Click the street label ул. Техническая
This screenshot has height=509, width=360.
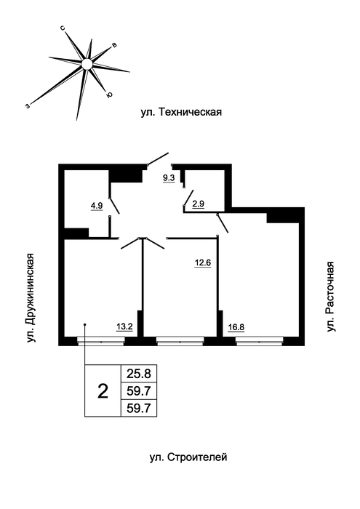(x=181, y=112)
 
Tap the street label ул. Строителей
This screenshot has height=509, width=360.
(x=188, y=457)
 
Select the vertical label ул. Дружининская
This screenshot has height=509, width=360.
(x=31, y=297)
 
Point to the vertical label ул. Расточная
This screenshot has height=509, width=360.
(x=330, y=297)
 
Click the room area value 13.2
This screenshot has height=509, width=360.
(x=124, y=326)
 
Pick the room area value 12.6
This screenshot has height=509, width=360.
(x=203, y=262)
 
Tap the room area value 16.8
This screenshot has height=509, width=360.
(x=236, y=327)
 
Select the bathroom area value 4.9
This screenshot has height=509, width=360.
(x=97, y=206)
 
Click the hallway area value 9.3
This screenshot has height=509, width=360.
(x=169, y=178)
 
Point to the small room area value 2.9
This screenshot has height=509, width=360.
(x=198, y=204)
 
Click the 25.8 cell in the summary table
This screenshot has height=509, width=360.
(x=139, y=374)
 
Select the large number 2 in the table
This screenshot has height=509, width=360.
(x=103, y=391)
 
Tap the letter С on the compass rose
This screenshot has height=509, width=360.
(x=63, y=28)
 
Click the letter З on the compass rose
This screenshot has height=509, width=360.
(x=28, y=106)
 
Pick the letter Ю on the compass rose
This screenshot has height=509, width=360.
(x=109, y=95)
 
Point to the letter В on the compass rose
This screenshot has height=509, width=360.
(x=114, y=45)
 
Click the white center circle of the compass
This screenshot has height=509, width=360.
(x=87, y=64)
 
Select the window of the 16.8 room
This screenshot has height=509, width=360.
(x=260, y=341)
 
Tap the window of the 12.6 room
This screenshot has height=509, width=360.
(x=180, y=341)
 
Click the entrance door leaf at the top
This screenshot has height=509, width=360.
(x=158, y=159)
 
